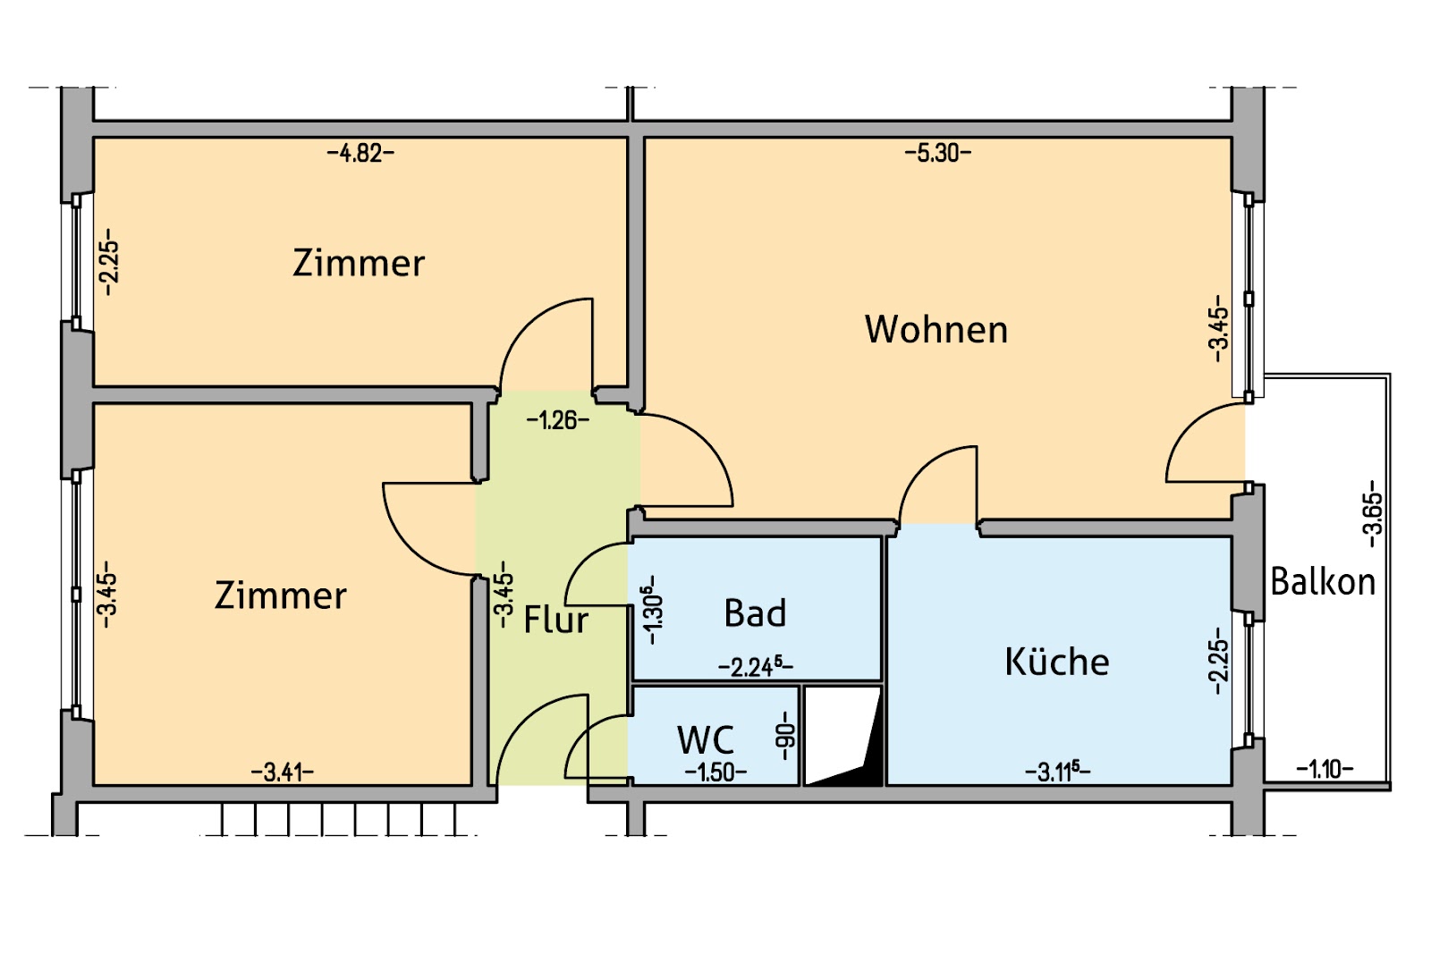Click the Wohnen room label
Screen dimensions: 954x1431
(x=936, y=329)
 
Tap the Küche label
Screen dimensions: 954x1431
(x=1057, y=662)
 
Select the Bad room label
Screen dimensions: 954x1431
(x=756, y=613)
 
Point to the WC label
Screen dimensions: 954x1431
(x=706, y=739)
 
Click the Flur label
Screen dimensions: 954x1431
(x=555, y=620)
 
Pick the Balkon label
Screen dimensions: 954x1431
(x=1323, y=582)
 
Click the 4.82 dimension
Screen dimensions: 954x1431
(x=360, y=153)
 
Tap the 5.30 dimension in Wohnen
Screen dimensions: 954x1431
(x=937, y=153)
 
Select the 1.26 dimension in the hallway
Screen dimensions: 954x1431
(x=557, y=419)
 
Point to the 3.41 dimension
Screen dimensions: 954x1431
(x=283, y=772)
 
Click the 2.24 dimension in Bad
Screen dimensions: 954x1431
(x=756, y=666)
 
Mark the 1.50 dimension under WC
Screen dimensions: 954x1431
(x=715, y=772)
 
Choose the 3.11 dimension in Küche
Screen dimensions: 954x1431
(x=1058, y=771)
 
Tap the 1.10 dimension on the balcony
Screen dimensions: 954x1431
(x=1325, y=768)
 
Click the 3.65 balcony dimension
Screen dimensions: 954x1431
(x=1373, y=519)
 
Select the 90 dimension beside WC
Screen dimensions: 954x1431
(x=786, y=735)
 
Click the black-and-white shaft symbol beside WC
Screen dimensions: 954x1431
(x=843, y=736)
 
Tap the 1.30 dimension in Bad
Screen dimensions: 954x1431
(x=654, y=610)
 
